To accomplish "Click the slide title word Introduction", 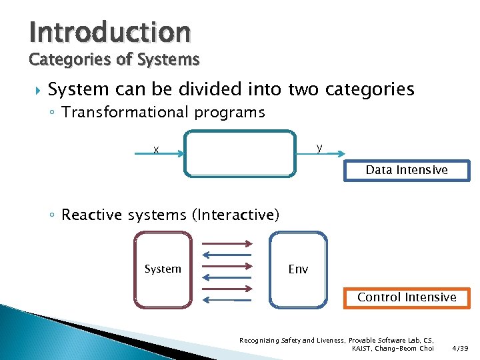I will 110,31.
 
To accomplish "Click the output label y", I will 320,147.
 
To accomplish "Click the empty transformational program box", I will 239,153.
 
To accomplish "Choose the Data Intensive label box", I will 407,171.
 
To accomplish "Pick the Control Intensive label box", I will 407,297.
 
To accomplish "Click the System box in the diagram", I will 163,269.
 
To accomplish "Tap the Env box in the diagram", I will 298,269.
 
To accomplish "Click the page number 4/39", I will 459,348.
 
